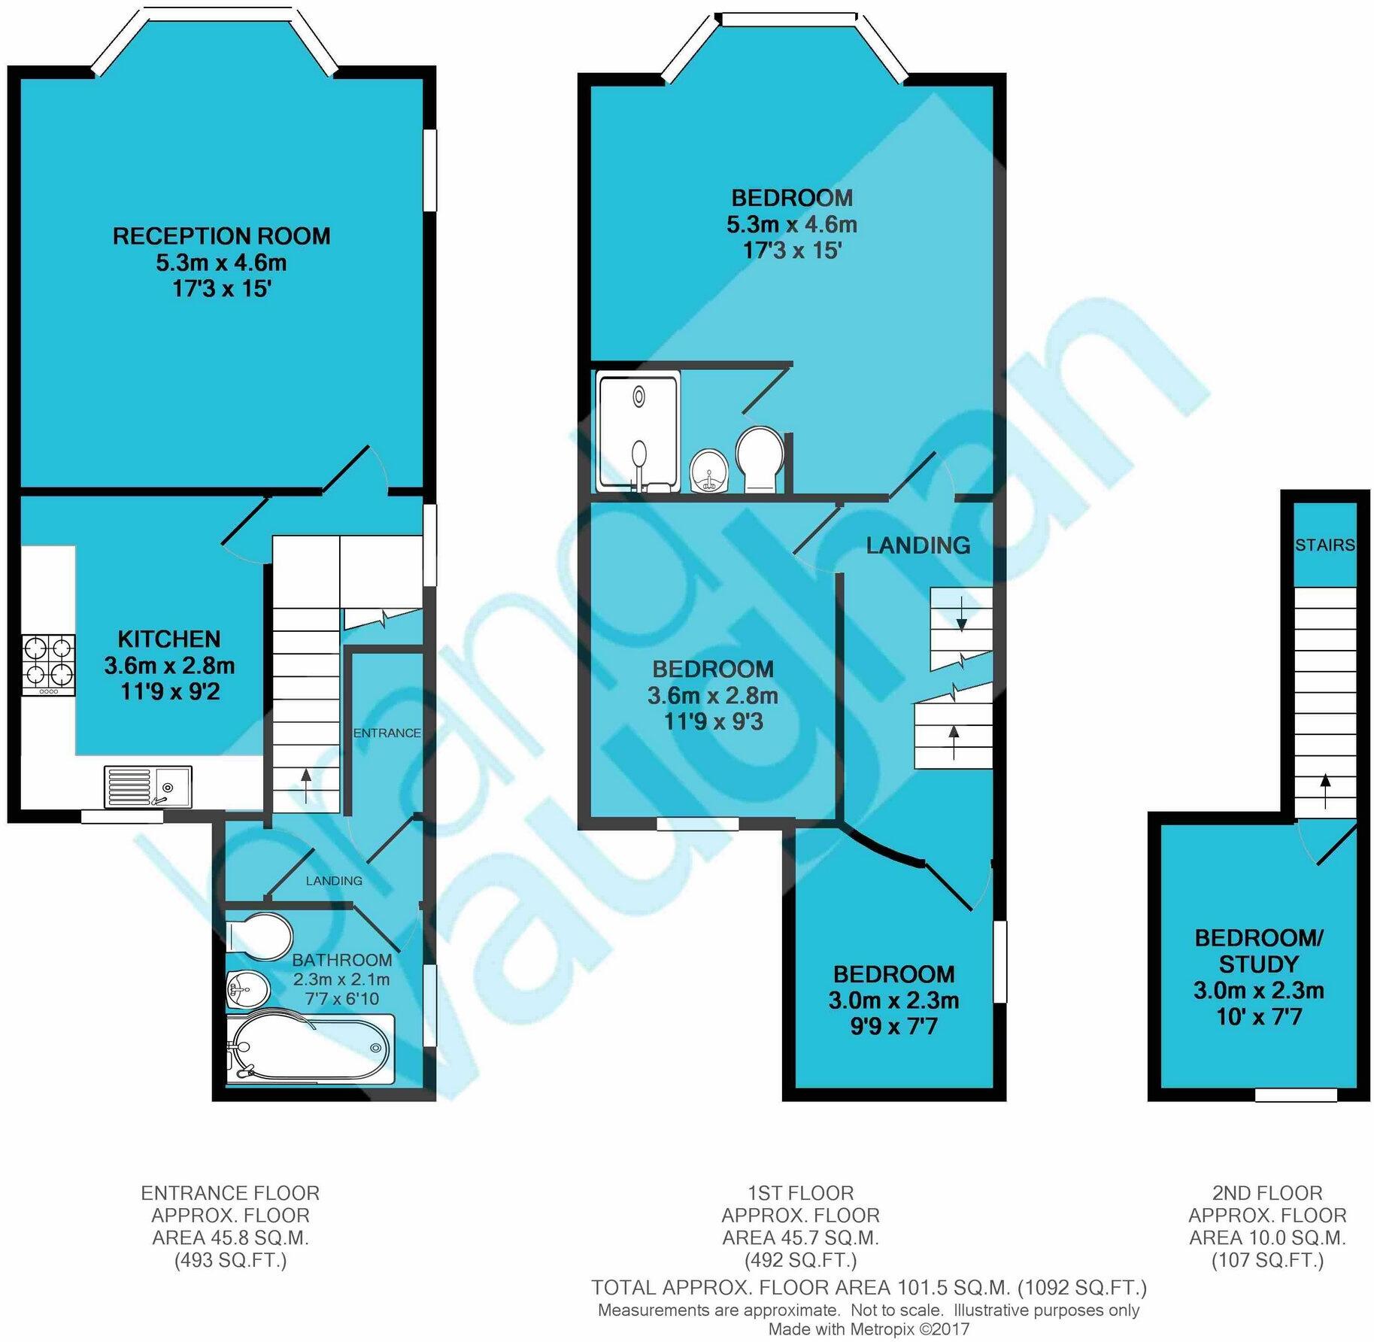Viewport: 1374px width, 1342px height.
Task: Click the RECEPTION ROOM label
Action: (221, 236)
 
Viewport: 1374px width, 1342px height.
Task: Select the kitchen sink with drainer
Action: (148, 786)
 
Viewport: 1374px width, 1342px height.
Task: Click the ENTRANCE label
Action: (387, 733)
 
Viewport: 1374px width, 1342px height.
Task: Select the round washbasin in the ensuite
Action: (708, 470)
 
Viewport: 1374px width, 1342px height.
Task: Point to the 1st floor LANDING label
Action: (918, 545)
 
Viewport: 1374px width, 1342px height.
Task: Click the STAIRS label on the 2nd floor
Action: (1324, 545)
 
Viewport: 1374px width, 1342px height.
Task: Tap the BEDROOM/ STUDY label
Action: (1258, 951)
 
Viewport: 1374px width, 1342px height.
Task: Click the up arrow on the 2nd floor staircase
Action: (1325, 790)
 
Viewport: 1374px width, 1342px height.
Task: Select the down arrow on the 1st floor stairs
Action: (961, 613)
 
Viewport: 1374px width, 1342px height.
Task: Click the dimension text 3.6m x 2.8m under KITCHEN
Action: (169, 666)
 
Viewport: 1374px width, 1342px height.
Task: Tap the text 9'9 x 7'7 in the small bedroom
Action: (893, 1027)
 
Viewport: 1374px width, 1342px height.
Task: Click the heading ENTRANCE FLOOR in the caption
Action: (230, 1193)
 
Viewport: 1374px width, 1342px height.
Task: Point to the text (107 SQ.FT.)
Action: (1267, 1261)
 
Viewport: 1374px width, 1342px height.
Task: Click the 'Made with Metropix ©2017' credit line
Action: (869, 1329)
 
